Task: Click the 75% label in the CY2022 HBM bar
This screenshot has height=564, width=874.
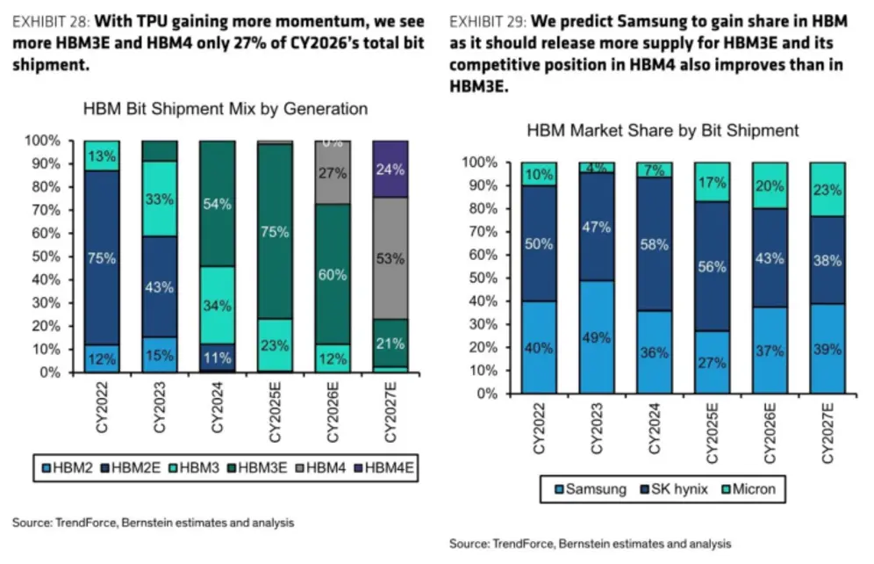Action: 102,258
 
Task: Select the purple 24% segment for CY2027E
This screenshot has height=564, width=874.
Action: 390,171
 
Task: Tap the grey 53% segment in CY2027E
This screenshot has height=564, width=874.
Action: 390,258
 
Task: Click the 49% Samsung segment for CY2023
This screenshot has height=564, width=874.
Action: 597,336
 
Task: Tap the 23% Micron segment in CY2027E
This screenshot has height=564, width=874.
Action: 827,188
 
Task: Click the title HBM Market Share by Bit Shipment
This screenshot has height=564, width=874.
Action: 663,130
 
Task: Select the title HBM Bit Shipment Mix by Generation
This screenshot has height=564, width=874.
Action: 226,109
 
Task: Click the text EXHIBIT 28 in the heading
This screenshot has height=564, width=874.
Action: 46,19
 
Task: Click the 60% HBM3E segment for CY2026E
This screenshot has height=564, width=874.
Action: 333,274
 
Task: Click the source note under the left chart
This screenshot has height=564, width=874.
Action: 153,522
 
